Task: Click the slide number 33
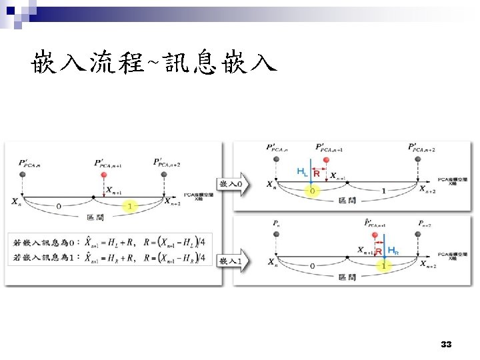pyautogui.click(x=447, y=345)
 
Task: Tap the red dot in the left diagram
pyautogui.click(x=103, y=175)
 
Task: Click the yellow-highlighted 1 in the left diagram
pyautogui.click(x=129, y=206)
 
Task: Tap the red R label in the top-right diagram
pyautogui.click(x=317, y=173)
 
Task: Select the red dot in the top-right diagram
pyautogui.click(x=325, y=161)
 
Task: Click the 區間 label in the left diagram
pyautogui.click(x=95, y=217)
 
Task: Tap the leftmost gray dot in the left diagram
pyautogui.click(x=23, y=175)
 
